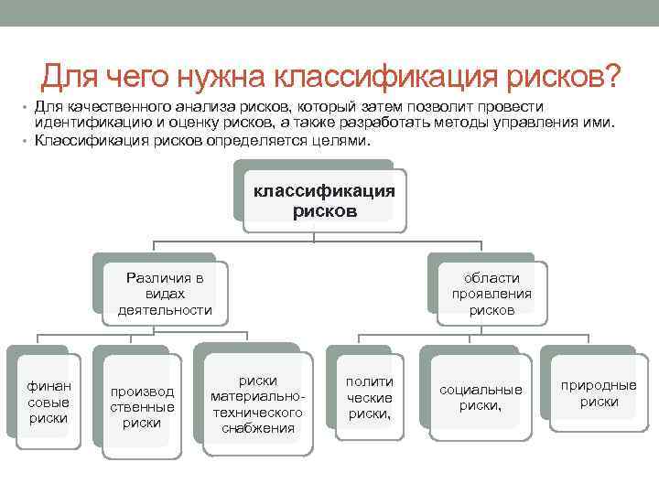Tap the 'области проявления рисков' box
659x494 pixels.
click(492, 294)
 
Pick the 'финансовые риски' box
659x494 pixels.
click(42, 403)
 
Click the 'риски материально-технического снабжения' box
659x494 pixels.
click(257, 404)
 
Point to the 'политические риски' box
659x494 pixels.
click(369, 398)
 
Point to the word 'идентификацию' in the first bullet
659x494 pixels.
click(88, 123)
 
